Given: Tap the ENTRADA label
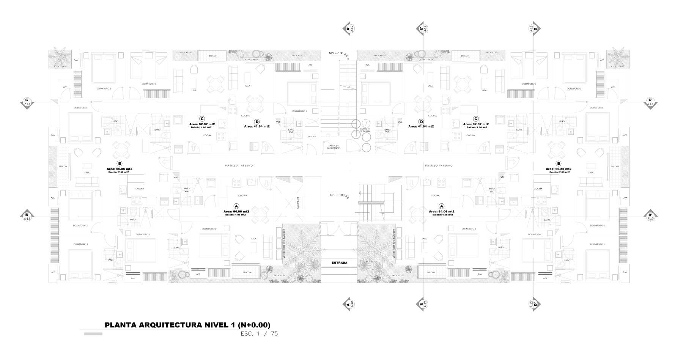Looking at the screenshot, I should (x=339, y=262).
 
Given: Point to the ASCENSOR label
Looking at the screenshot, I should (x=298, y=203).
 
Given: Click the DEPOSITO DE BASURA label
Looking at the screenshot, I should (x=365, y=130).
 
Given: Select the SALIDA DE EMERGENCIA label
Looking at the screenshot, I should (x=334, y=146).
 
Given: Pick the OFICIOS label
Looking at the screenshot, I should (x=312, y=136).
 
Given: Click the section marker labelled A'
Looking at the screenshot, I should (x=348, y=28).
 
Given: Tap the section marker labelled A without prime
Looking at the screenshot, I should (x=348, y=304).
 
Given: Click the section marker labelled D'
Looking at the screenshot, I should (x=535, y=304).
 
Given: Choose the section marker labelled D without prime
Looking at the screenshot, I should (x=535, y=28).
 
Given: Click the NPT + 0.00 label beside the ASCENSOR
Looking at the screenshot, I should (x=337, y=195).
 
